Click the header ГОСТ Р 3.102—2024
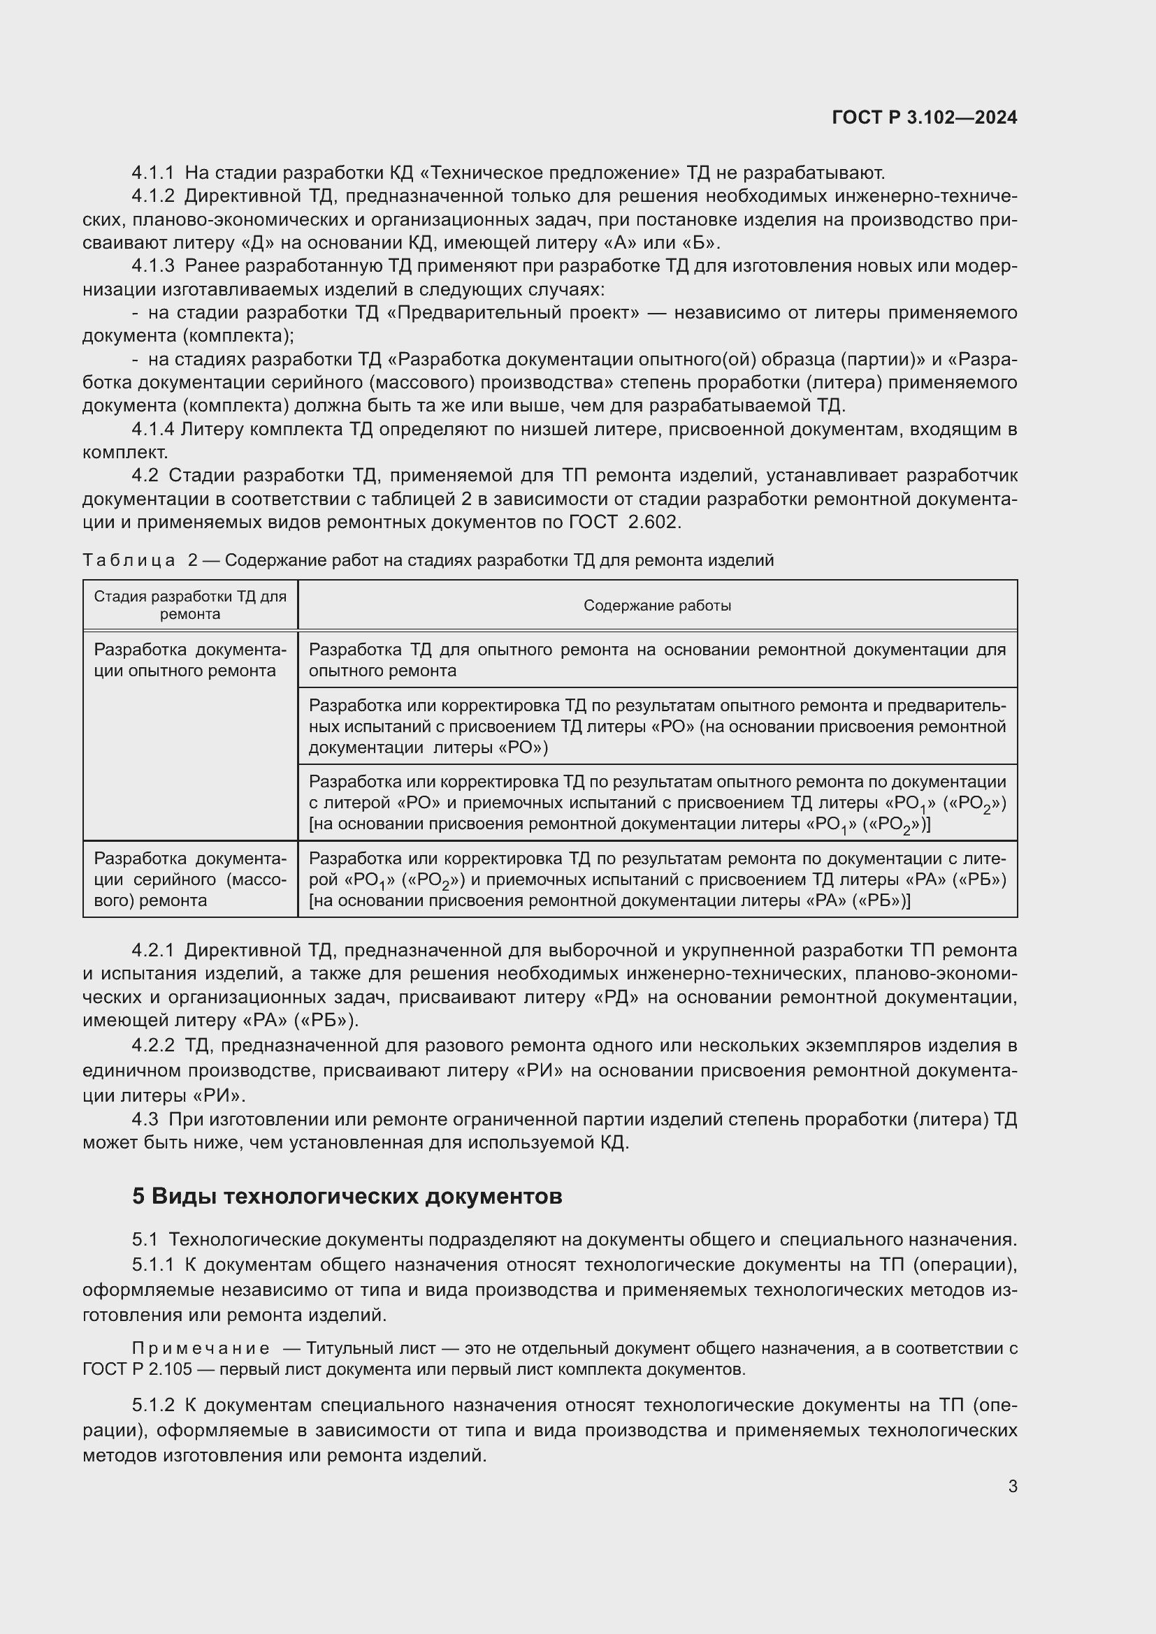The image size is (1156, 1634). pos(924,118)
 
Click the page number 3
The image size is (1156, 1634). pos(1012,1486)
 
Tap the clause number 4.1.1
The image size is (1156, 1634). pos(152,173)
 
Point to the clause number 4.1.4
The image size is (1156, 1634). pos(152,429)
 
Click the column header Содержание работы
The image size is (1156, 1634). pos(657,606)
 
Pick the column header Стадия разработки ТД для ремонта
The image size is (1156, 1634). pos(190,605)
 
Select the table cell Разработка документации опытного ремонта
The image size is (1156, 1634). pos(190,660)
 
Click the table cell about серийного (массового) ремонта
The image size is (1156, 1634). pos(190,880)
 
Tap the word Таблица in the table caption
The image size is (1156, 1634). pos(129,561)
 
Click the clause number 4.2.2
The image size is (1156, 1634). pos(152,1046)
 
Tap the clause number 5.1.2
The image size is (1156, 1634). pos(152,1405)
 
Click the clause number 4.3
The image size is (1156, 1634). pos(145,1119)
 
